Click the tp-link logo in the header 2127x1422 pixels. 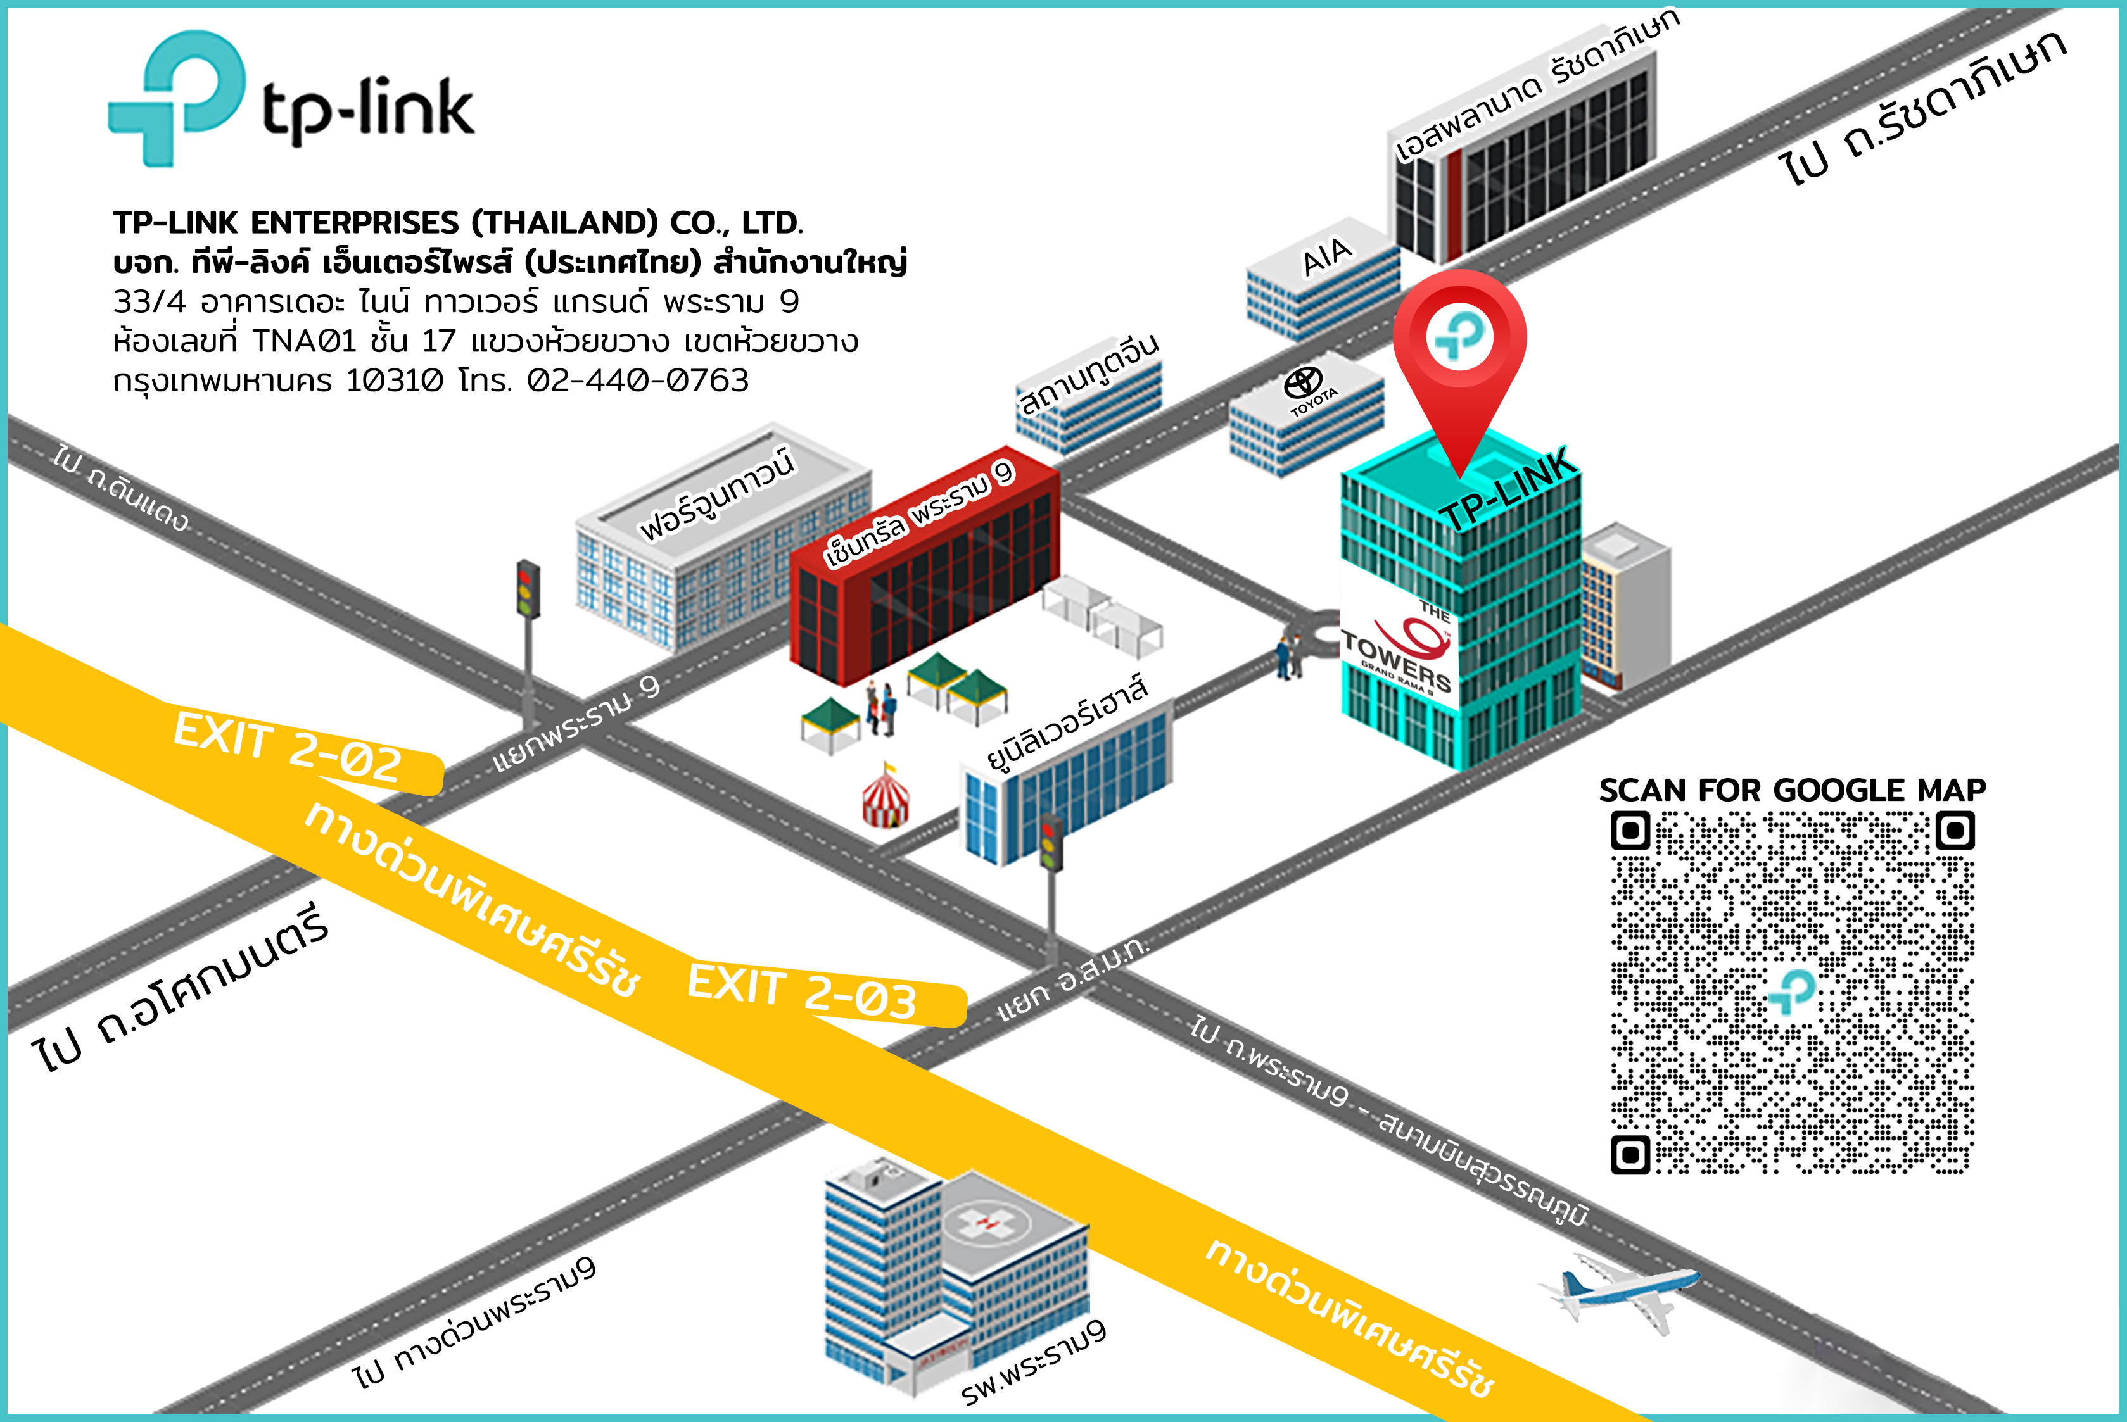point(290,100)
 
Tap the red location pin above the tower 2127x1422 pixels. point(1459,344)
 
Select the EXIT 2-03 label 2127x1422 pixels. point(802,993)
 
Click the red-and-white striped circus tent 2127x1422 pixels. point(886,798)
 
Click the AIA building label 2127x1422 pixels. point(1327,256)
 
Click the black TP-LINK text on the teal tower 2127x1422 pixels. point(1506,489)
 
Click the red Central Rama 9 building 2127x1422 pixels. point(925,581)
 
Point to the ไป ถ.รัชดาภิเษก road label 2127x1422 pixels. point(1923,104)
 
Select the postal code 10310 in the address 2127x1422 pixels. point(395,380)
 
